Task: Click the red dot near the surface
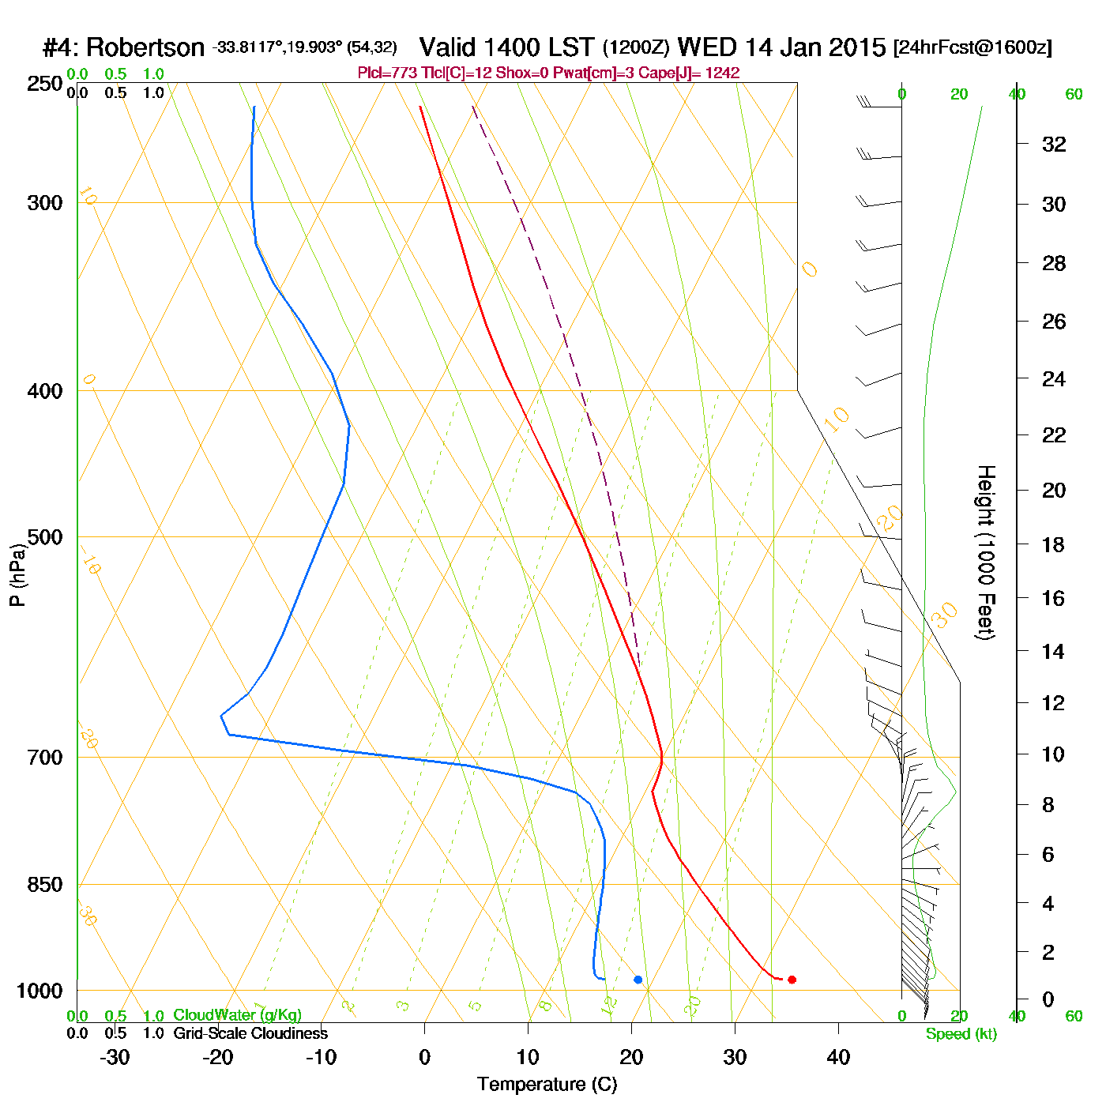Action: [792, 980]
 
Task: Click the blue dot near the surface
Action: [638, 980]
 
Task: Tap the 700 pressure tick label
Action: [45, 758]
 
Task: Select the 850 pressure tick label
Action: [45, 885]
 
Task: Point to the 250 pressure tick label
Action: [45, 84]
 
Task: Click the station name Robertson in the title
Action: [145, 48]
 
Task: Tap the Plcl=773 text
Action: [386, 73]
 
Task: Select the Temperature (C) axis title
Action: [547, 1085]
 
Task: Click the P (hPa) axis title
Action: [17, 575]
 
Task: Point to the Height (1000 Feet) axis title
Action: [986, 552]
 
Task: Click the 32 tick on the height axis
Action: [1054, 145]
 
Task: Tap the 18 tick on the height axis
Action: [1054, 544]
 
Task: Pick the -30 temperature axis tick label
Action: [115, 1057]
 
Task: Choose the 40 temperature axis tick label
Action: [838, 1057]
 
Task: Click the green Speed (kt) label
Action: [961, 1034]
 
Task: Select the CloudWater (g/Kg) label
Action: [237, 1015]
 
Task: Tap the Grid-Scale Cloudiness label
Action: [250, 1033]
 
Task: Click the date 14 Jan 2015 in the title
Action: [816, 47]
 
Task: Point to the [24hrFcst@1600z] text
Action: [972, 47]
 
